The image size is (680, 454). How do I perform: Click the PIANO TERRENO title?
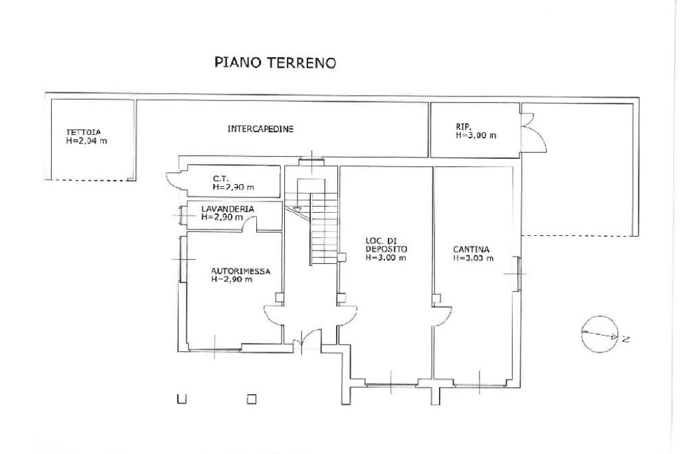pyautogui.click(x=275, y=62)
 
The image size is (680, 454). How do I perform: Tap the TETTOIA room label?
pyautogui.click(x=83, y=132)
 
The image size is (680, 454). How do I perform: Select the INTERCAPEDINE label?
pyautogui.click(x=260, y=129)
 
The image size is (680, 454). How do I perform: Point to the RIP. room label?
pyautogui.click(x=464, y=127)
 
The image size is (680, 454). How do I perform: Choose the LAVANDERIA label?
pyautogui.click(x=228, y=209)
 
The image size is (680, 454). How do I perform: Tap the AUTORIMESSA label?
pyautogui.click(x=240, y=271)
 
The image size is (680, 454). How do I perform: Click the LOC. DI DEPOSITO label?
pyautogui.click(x=386, y=245)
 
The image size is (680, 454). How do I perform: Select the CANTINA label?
pyautogui.click(x=471, y=249)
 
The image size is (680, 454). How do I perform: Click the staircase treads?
pyautogui.click(x=323, y=228)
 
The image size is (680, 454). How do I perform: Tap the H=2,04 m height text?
pyautogui.click(x=86, y=141)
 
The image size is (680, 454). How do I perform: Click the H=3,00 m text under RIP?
pyautogui.click(x=475, y=136)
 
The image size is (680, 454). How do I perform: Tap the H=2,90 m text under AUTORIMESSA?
pyautogui.click(x=232, y=280)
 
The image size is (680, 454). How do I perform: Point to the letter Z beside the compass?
pyautogui.click(x=626, y=339)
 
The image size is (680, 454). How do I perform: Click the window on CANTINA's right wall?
pyautogui.click(x=517, y=274)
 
